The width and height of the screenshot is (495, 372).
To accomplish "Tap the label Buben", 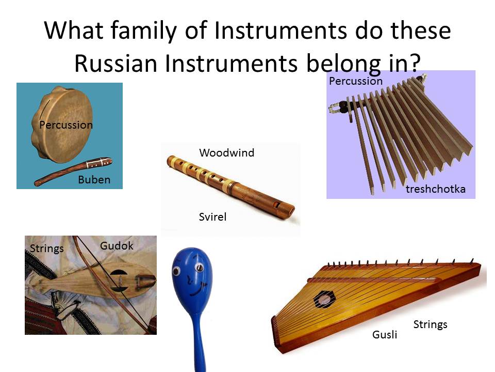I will click(94, 180).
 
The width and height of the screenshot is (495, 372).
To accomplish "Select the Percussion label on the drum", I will click(66, 125).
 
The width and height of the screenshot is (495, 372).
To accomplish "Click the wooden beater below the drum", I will click(72, 171).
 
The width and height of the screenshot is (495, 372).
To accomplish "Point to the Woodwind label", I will click(226, 152).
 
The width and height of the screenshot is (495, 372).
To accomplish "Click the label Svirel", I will click(212, 217).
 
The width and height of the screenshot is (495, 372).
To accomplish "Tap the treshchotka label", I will click(435, 189).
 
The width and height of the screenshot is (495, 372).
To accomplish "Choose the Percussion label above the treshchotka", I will click(356, 81).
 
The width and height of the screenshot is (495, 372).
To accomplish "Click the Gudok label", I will click(117, 246).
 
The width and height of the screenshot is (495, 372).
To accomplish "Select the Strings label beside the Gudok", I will click(47, 249).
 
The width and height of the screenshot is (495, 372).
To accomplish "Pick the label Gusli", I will click(385, 335).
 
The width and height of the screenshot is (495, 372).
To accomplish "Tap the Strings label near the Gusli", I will click(430, 324).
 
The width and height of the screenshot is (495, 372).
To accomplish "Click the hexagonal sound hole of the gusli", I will click(324, 298).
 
